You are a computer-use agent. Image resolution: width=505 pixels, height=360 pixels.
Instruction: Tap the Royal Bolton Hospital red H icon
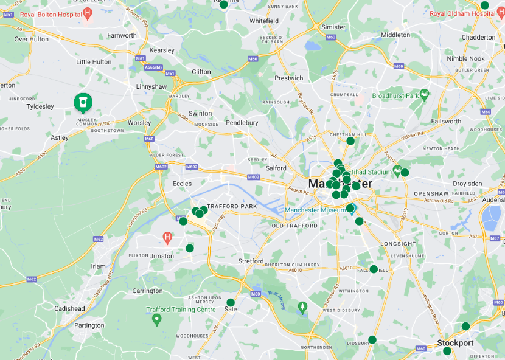[x=88, y=13]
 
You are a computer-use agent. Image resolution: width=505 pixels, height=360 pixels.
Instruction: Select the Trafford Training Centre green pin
[x=156, y=318]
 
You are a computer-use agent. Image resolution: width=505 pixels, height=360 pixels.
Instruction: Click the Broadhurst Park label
[x=395, y=96]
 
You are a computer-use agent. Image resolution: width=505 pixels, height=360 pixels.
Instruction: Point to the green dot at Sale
[x=231, y=302]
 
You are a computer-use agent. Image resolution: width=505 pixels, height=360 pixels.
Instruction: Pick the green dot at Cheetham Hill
[x=350, y=141]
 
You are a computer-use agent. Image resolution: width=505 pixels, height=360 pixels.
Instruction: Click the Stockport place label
[x=455, y=343]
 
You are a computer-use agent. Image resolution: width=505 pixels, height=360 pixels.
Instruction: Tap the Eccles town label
[x=183, y=184]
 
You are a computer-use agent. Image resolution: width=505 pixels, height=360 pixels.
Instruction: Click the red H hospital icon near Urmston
[x=168, y=236]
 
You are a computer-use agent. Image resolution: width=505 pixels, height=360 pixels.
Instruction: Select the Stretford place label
[x=251, y=261]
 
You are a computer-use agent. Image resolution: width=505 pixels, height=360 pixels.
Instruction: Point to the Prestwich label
[x=288, y=78]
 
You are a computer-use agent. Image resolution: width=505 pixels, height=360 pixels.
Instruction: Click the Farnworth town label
[x=122, y=36]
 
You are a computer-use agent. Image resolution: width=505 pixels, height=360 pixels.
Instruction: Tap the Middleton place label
[x=395, y=35]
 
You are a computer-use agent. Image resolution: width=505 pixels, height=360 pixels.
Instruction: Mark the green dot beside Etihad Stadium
[x=405, y=173]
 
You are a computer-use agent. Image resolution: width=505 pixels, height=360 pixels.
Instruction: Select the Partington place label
[x=89, y=325]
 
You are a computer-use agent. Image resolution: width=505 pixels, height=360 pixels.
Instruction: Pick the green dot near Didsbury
[x=372, y=340]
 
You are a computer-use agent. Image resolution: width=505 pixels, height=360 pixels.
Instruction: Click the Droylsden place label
[x=467, y=184]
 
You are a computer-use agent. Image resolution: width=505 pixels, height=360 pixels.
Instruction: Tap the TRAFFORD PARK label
[x=232, y=207]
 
